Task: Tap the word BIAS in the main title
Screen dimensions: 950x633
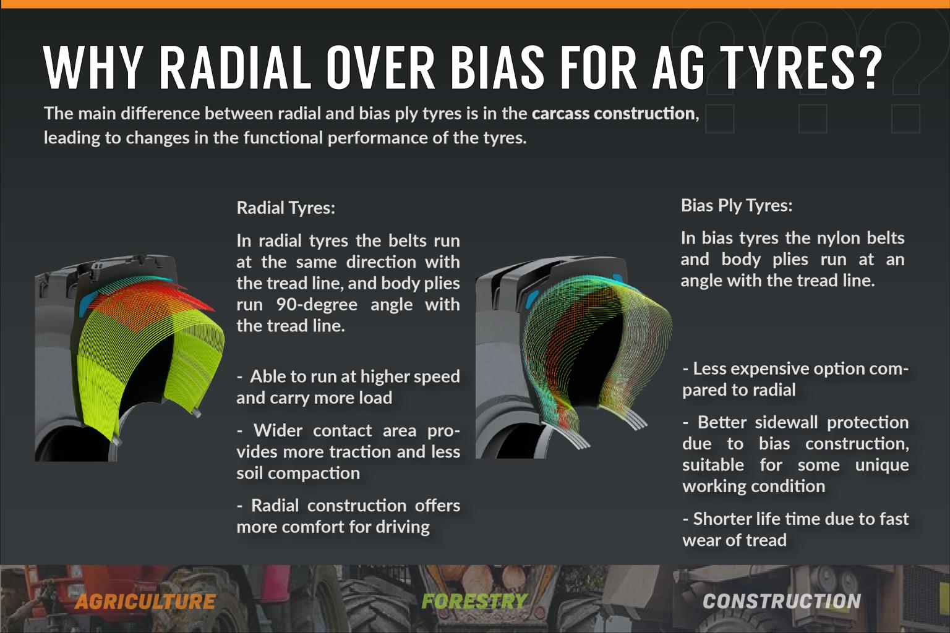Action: pyautogui.click(x=497, y=67)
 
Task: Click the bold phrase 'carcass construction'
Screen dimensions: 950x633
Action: pyautogui.click(x=614, y=114)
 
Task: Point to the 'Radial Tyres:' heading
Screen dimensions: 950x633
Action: pyautogui.click(x=286, y=208)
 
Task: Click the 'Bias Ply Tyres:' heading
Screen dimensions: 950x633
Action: pyautogui.click(x=737, y=205)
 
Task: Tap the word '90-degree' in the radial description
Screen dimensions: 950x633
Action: pyautogui.click(x=317, y=304)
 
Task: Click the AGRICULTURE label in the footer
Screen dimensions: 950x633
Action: pyautogui.click(x=145, y=601)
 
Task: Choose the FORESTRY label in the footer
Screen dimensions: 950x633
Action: pyautogui.click(x=474, y=601)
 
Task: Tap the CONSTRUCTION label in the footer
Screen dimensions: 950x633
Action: pyautogui.click(x=782, y=601)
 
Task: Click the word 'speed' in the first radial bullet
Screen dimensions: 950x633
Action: pyautogui.click(x=438, y=377)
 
